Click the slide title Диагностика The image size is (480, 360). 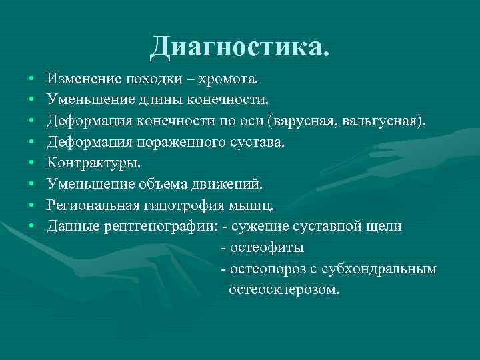coord(239,46)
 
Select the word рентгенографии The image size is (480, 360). coord(159,226)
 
